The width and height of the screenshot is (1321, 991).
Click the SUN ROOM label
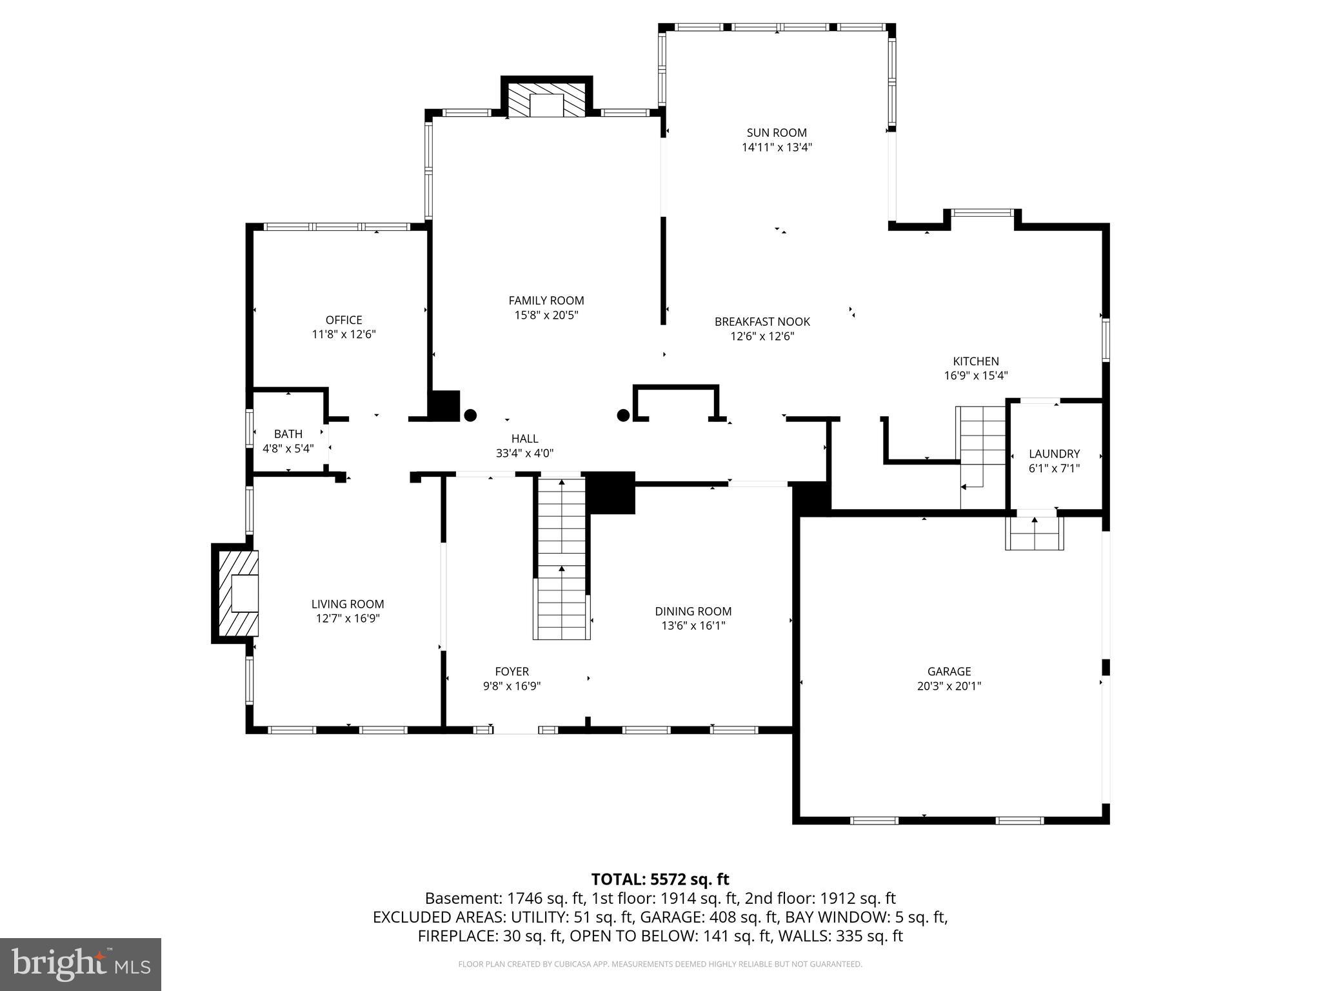click(777, 133)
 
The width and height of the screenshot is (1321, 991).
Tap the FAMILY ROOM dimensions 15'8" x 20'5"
click(546, 315)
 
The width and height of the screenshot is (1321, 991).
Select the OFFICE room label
click(344, 320)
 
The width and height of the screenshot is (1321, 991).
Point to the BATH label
click(288, 434)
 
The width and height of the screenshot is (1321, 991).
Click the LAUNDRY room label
click(1054, 454)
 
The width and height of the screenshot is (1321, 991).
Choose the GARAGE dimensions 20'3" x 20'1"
click(949, 686)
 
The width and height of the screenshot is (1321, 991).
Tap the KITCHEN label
click(976, 361)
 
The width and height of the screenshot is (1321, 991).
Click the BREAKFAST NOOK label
click(762, 321)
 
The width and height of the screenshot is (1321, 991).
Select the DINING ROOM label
click(693, 611)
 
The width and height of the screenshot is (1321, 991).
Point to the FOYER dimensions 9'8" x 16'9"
click(512, 686)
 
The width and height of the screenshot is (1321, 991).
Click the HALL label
click(524, 439)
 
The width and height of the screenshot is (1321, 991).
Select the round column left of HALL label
click(471, 415)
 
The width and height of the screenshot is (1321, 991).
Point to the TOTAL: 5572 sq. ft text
click(660, 879)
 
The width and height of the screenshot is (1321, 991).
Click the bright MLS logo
click(81, 964)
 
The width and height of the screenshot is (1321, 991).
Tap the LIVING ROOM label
click(348, 604)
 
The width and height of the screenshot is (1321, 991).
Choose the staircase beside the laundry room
click(981, 452)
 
